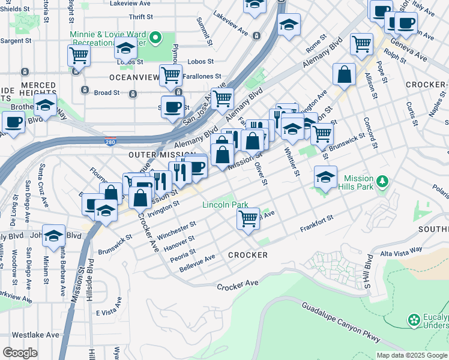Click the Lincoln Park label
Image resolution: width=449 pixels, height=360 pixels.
coord(225,205)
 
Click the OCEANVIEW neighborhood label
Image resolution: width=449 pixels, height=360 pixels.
coord(134,78)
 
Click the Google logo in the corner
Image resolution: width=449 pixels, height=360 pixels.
coord(20,352)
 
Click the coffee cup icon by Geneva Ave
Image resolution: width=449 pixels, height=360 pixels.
coord(406,22)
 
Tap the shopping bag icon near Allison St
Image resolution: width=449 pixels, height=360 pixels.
coord(345,74)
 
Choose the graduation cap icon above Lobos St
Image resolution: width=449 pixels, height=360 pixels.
coord(127,48)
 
